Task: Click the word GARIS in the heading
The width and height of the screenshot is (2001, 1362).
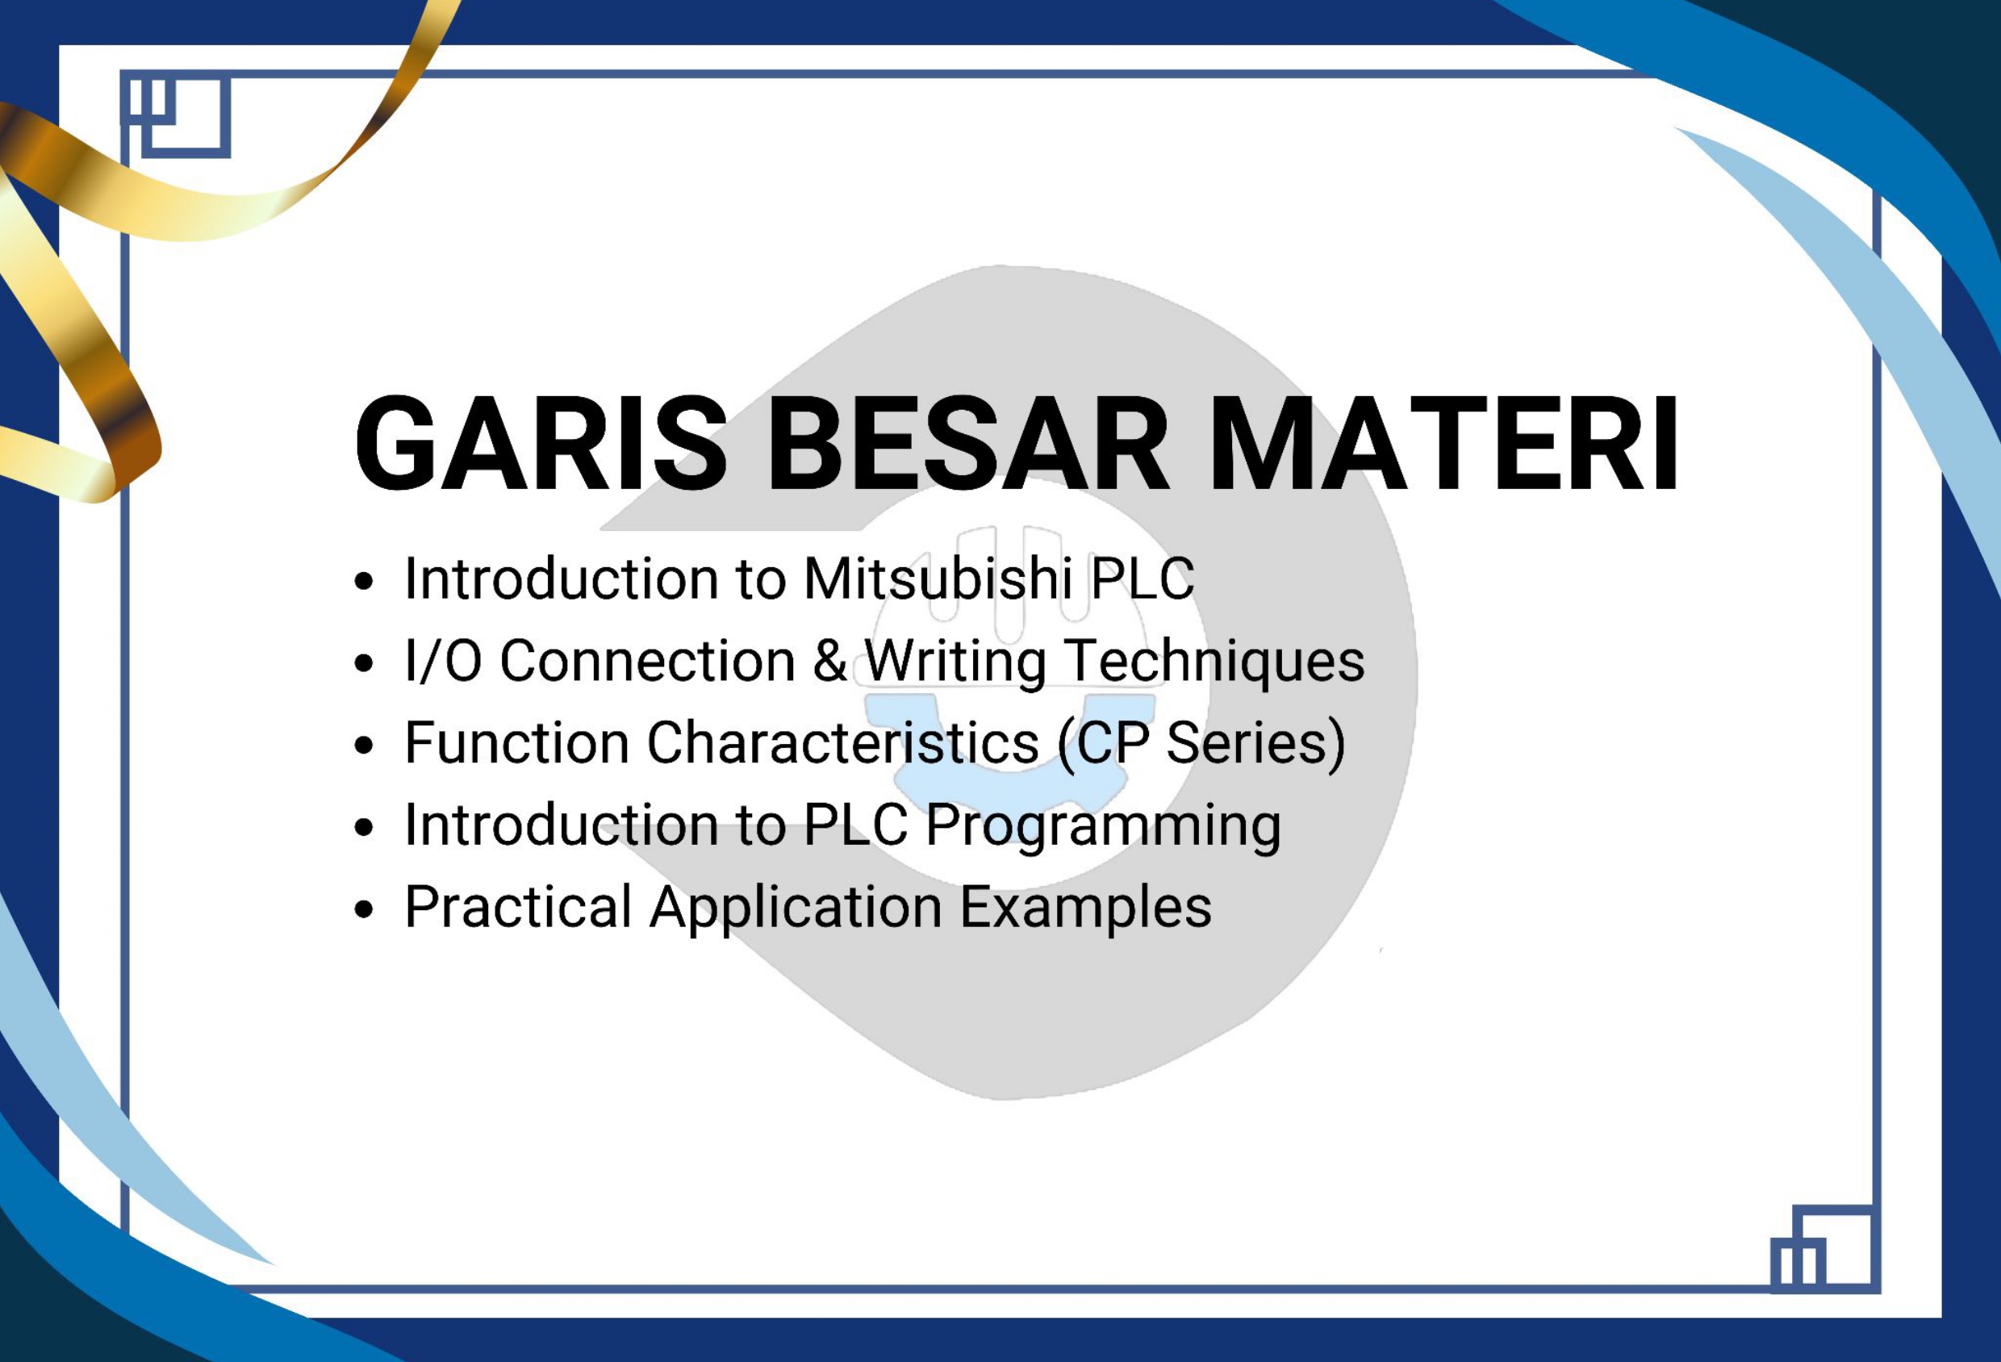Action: click(x=541, y=445)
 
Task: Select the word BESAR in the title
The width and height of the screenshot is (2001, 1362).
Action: click(x=967, y=445)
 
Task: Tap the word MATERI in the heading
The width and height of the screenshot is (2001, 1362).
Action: click(x=1444, y=445)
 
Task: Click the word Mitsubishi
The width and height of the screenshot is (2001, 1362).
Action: click(x=938, y=578)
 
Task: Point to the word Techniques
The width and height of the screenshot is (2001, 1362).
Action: click(x=1214, y=661)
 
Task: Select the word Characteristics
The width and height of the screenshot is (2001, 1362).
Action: click(x=842, y=742)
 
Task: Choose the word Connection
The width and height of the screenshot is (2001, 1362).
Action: click(x=647, y=661)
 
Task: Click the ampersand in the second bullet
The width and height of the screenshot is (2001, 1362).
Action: click(x=830, y=661)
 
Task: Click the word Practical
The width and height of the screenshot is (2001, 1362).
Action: click(x=518, y=908)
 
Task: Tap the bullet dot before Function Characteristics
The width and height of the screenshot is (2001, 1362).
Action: click(x=365, y=745)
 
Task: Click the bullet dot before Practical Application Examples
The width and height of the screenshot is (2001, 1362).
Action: click(x=365, y=910)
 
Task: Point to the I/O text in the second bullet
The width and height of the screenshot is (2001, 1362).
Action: click(x=443, y=661)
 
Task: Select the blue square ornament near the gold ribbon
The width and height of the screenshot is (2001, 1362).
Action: click(x=176, y=115)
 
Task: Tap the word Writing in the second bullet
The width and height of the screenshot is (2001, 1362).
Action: click(x=955, y=661)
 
